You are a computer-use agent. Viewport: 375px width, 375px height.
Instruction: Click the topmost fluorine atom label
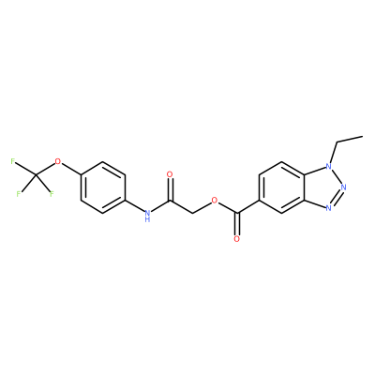(13, 161)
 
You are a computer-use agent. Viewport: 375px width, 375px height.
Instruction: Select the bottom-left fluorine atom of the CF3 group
(19, 194)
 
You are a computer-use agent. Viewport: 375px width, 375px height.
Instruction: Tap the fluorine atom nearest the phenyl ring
(52, 194)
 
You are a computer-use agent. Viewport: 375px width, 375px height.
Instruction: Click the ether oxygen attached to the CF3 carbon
(57, 161)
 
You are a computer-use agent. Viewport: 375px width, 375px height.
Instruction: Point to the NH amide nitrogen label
(147, 216)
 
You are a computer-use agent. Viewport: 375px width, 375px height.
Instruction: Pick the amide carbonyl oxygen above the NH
(170, 174)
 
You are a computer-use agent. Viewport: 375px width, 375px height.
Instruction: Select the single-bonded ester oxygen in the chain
(215, 201)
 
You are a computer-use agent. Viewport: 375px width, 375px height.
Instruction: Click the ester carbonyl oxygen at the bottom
(236, 239)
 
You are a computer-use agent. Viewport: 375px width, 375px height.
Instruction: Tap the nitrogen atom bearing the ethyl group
(328, 166)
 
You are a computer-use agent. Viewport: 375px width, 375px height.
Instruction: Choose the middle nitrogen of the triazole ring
(344, 187)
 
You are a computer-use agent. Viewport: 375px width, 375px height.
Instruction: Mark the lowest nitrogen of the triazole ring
(328, 208)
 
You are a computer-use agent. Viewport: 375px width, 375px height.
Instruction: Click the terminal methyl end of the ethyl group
(363, 136)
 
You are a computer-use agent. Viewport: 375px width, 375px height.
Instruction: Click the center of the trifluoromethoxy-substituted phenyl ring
(103, 187)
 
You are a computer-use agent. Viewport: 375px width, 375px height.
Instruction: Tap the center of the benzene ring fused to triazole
(281, 187)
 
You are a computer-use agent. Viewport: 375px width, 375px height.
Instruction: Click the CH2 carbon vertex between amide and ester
(192, 214)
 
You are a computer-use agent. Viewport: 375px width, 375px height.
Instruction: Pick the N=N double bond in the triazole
(337, 198)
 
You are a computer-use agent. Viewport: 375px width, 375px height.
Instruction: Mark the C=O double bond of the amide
(170, 189)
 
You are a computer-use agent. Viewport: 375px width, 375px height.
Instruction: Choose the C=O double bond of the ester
(238, 224)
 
